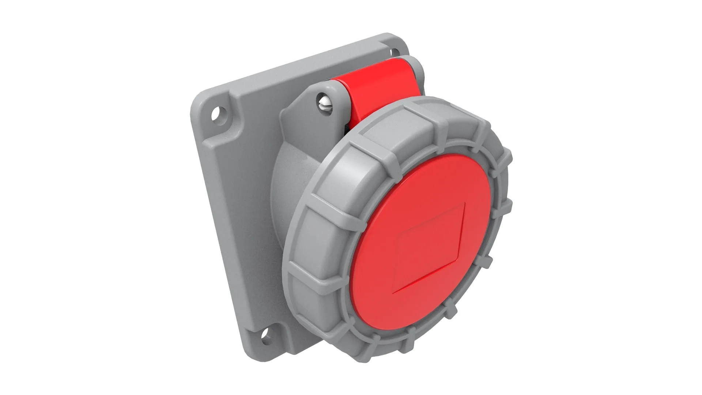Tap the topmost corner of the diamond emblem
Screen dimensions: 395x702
pyautogui.click(x=464, y=204)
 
